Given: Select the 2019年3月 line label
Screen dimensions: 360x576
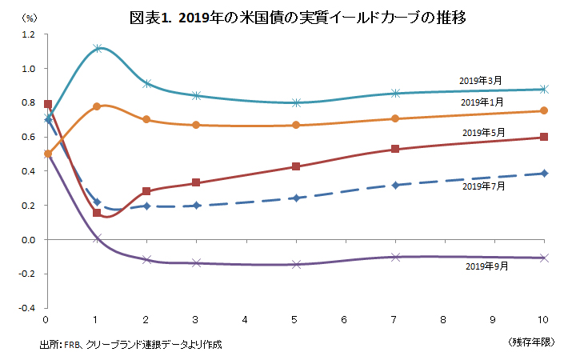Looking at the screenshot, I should [x=481, y=81].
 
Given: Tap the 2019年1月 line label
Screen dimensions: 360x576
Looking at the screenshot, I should [x=482, y=102].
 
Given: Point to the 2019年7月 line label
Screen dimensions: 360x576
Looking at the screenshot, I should [x=484, y=186].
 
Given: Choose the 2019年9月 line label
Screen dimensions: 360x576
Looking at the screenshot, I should [x=486, y=266].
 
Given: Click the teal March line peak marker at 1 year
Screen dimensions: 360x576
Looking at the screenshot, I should [x=97, y=49].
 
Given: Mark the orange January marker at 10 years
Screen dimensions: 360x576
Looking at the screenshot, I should [x=544, y=111].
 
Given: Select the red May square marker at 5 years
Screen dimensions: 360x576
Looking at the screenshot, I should [x=296, y=166].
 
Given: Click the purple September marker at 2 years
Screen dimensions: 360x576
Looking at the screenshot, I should [x=146, y=259].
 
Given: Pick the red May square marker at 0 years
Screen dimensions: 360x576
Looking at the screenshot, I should [x=48, y=104].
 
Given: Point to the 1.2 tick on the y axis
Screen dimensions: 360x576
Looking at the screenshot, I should [x=29, y=34].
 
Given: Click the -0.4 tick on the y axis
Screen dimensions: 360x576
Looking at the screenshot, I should [x=27, y=308].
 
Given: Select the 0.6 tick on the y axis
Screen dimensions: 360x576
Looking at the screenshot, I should [x=29, y=137].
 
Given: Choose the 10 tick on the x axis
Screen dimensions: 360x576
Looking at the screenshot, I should [x=544, y=320].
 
